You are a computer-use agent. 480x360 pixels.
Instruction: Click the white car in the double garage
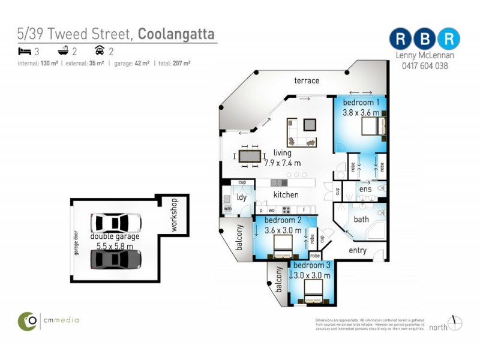tap(116, 223)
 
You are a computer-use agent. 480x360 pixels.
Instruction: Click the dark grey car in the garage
tap(116, 259)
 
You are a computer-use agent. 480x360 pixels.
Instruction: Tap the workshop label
tap(175, 215)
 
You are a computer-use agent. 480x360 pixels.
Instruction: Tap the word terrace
tap(307, 80)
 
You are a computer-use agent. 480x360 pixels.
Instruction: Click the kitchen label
tap(286, 194)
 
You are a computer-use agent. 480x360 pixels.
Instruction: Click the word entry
tap(357, 250)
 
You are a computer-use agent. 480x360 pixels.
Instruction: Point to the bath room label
tap(361, 220)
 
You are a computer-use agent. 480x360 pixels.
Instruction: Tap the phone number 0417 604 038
tap(425, 66)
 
